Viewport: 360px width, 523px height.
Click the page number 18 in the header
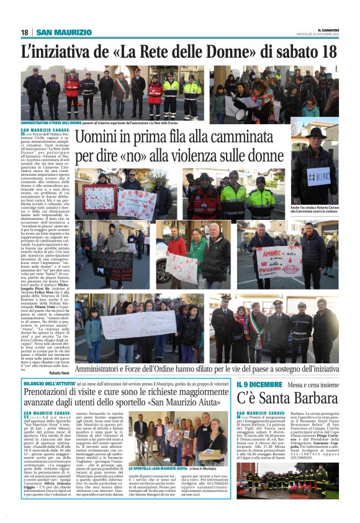[x=25, y=32]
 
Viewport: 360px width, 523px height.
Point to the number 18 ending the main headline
[x=328, y=52]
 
